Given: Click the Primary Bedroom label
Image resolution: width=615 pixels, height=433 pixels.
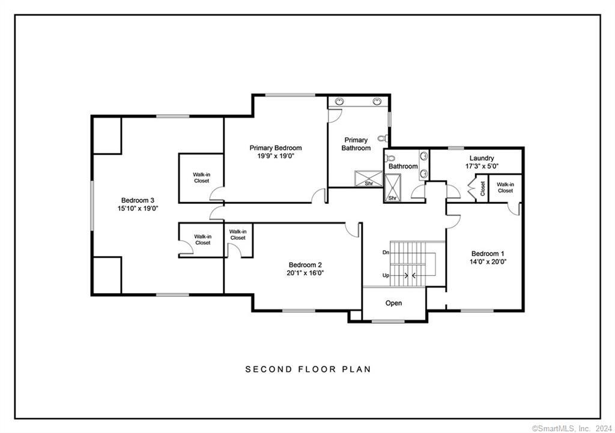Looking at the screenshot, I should [276, 148].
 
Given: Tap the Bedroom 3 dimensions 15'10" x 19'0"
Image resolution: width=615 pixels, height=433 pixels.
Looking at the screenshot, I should [138, 209].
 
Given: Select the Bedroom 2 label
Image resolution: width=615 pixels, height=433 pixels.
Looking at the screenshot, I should [306, 265].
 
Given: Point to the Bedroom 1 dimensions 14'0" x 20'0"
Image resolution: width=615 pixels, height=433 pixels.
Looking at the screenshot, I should [488, 261].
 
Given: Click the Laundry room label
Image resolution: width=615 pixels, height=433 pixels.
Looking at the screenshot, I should [482, 158].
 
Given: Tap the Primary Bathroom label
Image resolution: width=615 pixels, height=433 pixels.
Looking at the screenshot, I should [356, 144].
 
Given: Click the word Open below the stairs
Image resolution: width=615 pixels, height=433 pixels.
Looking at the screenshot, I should [393, 303].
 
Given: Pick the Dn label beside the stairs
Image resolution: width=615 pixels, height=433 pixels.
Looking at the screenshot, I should [386, 252].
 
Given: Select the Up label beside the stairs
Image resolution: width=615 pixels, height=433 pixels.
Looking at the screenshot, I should [386, 275].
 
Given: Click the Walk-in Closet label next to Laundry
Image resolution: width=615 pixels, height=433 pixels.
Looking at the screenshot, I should [505, 187].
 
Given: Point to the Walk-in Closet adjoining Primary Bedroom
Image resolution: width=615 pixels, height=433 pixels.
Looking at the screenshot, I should [201, 178].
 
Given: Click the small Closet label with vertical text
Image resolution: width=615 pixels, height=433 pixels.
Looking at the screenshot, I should [482, 188].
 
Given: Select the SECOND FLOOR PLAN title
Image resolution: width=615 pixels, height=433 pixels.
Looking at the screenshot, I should [307, 369].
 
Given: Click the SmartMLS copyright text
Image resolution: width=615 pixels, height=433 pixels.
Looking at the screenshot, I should [571, 428].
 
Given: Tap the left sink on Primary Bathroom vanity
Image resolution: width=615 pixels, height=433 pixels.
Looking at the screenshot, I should [339, 101].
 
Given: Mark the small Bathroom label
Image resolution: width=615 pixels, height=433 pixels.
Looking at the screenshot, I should [402, 166].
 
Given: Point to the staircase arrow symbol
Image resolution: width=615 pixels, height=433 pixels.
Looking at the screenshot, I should [409, 275].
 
